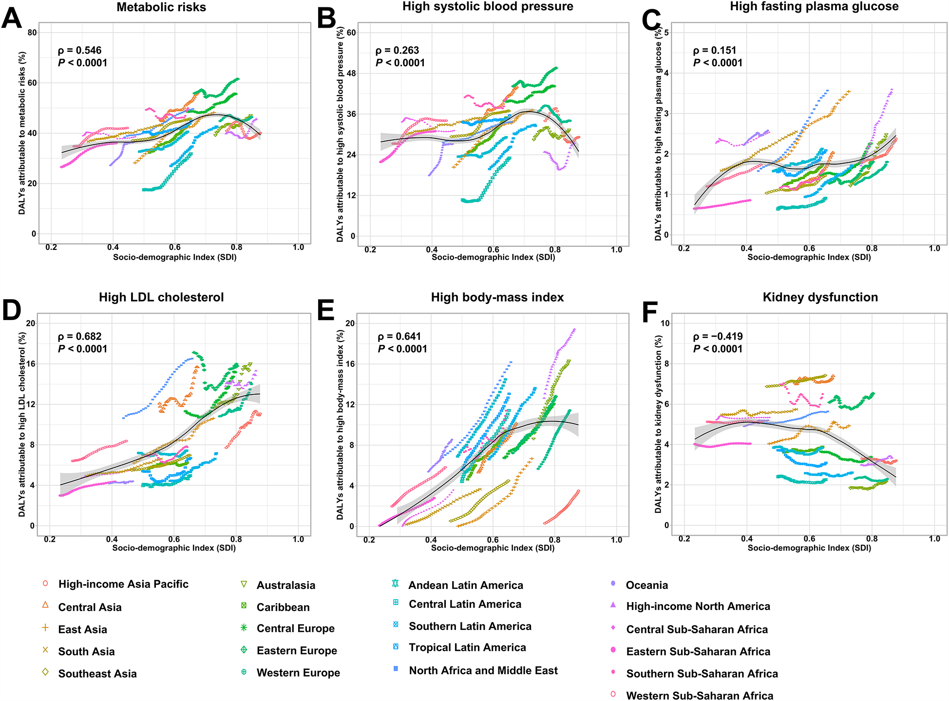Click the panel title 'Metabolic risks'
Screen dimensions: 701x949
pyautogui.click(x=161, y=7)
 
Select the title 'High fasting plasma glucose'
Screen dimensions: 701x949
pyautogui.click(x=814, y=6)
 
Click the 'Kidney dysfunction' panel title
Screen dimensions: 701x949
pyautogui.click(x=820, y=297)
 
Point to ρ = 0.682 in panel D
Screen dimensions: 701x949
pyautogui.click(x=79, y=336)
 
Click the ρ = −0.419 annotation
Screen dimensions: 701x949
pyautogui.click(x=718, y=336)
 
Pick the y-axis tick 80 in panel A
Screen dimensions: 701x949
pyautogui.click(x=32, y=33)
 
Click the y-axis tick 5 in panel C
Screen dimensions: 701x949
pyautogui.click(x=666, y=33)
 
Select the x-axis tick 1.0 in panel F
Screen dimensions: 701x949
pyautogui.click(x=934, y=539)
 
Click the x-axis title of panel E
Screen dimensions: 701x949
pyautogui.click(x=493, y=548)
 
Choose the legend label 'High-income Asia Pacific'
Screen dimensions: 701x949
pyautogui.click(x=123, y=584)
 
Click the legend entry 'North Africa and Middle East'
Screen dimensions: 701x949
pyautogui.click(x=483, y=670)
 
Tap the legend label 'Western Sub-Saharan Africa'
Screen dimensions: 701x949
pyautogui.click(x=700, y=696)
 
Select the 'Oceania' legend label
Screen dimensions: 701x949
pyautogui.click(x=646, y=585)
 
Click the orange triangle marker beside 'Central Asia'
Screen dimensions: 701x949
pyautogui.click(x=45, y=605)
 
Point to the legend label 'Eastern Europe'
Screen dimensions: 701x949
pyautogui.click(x=297, y=650)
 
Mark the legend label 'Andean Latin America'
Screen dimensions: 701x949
pyautogui.click(x=465, y=585)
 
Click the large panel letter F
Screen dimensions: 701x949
pyautogui.click(x=650, y=312)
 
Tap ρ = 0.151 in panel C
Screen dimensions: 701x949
pyautogui.click(x=714, y=50)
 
